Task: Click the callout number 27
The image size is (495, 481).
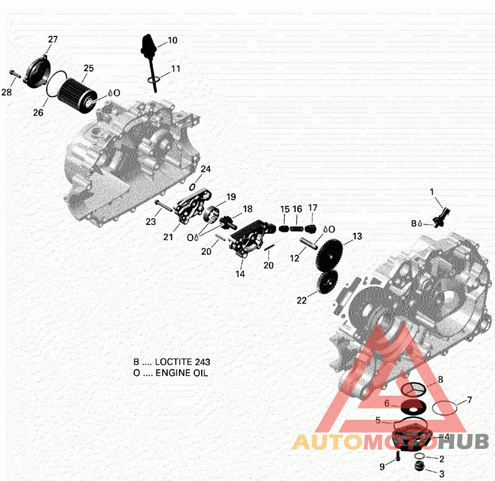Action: pyautogui.click(x=53, y=39)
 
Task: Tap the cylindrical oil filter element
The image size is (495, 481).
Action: pyautogui.click(x=77, y=96)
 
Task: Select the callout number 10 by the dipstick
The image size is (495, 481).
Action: pyautogui.click(x=173, y=40)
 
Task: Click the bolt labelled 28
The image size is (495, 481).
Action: pyautogui.click(x=15, y=74)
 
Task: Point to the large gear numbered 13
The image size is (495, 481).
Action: pyautogui.click(x=329, y=254)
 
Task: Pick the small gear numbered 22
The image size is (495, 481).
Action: pyautogui.click(x=327, y=282)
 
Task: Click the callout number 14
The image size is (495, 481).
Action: pyautogui.click(x=240, y=274)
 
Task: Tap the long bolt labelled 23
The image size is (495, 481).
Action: pyautogui.click(x=163, y=205)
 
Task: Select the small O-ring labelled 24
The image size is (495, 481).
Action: pyautogui.click(x=192, y=187)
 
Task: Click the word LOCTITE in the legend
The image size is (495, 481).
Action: pyautogui.click(x=172, y=362)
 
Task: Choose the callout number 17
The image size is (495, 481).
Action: pyautogui.click(x=312, y=208)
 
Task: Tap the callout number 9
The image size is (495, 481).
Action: pyautogui.click(x=382, y=467)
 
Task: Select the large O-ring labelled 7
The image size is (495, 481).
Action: pyautogui.click(x=444, y=408)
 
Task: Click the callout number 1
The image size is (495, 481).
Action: pyautogui.click(x=432, y=192)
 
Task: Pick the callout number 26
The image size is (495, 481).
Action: pyautogui.click(x=38, y=113)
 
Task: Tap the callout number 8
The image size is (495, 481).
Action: pyautogui.click(x=441, y=380)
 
